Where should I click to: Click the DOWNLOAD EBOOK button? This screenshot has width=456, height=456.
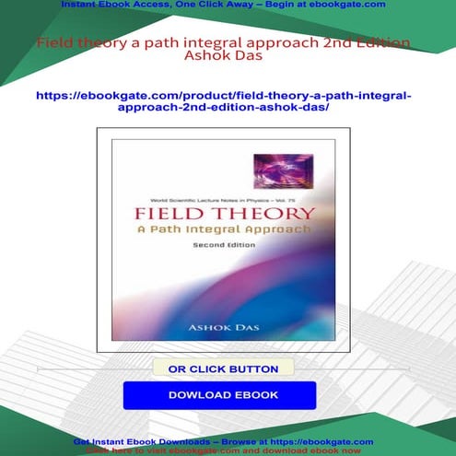tap(219, 395)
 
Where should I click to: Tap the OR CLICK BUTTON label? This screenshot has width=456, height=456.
tap(222, 368)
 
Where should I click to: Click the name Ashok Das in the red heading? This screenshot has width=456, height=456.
tap(227, 59)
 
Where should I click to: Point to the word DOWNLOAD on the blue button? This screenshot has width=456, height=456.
tap(196, 395)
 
